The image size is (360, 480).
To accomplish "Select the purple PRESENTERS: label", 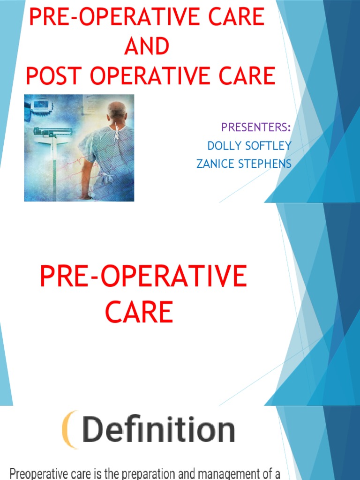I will tap(256, 127).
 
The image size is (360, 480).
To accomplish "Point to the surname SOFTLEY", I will tap(268, 146).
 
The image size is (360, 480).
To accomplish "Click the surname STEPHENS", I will tap(267, 164).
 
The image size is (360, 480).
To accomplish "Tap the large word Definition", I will tap(158, 430).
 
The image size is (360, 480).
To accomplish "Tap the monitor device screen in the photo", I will tap(42, 104).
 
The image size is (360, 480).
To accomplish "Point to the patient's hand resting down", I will tap(85, 196).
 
